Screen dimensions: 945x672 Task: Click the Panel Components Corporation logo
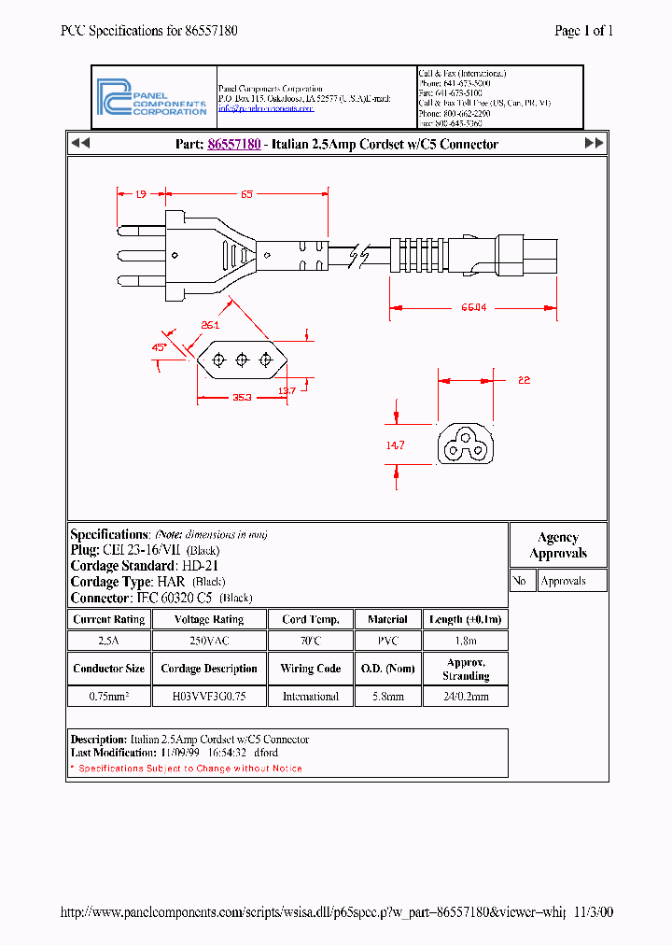[152, 97]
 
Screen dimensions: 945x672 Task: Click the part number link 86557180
[233, 144]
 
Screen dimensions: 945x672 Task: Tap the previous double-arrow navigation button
[80, 144]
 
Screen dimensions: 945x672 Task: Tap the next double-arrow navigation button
[594, 144]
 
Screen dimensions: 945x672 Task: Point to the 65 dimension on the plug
[246, 194]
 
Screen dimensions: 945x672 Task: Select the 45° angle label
[160, 347]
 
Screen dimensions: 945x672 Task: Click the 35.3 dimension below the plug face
[242, 398]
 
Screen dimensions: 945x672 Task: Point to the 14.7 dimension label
[395, 446]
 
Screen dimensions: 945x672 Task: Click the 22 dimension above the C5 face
[524, 380]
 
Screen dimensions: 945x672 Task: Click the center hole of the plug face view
[241, 360]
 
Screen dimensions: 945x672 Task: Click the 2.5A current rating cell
[108, 642]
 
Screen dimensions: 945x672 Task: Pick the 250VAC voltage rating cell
[208, 642]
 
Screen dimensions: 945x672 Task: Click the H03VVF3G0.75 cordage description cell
[208, 697]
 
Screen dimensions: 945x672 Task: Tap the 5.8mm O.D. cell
[387, 697]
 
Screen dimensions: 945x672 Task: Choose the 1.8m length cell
[465, 642]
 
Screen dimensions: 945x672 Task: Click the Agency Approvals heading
[558, 545]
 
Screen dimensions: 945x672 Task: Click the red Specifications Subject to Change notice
[187, 769]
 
